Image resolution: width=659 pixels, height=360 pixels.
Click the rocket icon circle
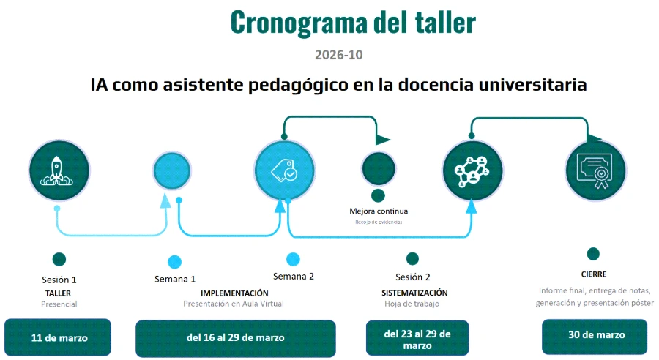tap(59, 170)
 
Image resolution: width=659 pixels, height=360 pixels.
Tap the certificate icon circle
tap(595, 170)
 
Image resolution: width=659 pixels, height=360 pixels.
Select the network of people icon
tap(472, 171)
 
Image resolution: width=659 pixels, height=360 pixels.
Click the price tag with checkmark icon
tap(284, 170)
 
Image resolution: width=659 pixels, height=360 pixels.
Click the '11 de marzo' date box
tap(58, 337)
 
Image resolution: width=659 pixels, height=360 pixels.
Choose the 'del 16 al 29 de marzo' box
tap(235, 338)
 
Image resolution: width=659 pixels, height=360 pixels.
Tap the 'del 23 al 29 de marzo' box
tap(417, 338)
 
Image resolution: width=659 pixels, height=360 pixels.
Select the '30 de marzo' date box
tap(595, 337)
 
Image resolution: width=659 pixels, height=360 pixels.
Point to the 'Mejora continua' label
tap(379, 211)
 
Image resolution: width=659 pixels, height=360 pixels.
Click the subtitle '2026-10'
tap(339, 55)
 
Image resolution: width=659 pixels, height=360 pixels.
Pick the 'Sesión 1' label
tap(59, 280)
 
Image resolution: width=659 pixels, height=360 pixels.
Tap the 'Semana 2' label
tap(294, 277)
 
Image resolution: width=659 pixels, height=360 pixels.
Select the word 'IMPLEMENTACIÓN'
tap(234, 293)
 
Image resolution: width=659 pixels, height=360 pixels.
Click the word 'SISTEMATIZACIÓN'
tap(414, 293)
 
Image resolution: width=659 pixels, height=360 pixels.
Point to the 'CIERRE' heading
tap(594, 274)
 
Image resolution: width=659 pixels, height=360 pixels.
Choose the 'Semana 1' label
tap(175, 279)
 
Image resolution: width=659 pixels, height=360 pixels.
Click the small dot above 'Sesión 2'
tap(412, 259)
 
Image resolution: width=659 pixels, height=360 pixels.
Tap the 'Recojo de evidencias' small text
tap(379, 222)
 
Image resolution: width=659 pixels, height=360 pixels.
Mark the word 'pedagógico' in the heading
tap(298, 86)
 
